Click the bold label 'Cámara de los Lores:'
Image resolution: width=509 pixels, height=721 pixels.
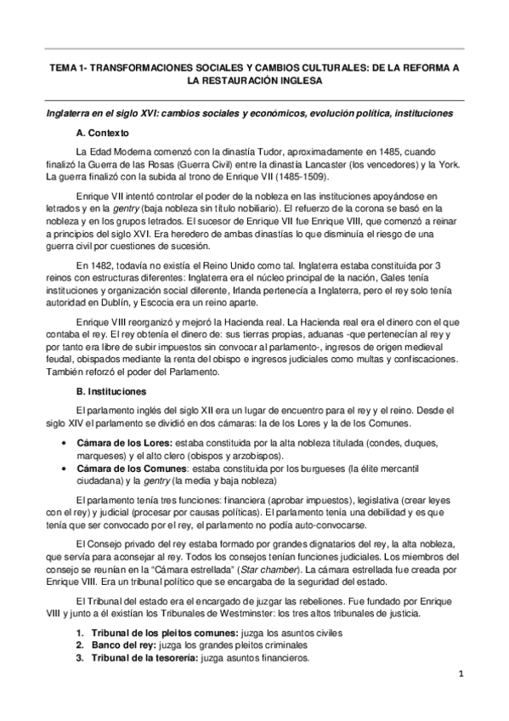point(126,443)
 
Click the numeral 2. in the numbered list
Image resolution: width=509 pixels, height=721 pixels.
point(80,645)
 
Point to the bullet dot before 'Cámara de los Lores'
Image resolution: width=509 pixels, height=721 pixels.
point(65,444)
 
